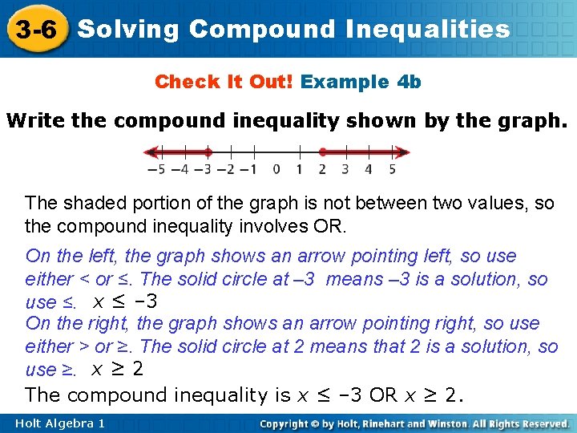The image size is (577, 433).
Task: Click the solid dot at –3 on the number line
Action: pyautogui.click(x=208, y=151)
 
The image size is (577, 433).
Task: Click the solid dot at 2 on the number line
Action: pyautogui.click(x=322, y=151)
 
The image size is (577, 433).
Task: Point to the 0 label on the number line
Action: pyautogui.click(x=276, y=169)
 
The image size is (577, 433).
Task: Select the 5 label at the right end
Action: pyautogui.click(x=392, y=169)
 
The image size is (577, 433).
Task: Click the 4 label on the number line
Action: pyautogui.click(x=369, y=169)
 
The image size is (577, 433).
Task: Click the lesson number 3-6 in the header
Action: pyautogui.click(x=35, y=30)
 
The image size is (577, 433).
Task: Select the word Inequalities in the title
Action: pyautogui.click(x=429, y=30)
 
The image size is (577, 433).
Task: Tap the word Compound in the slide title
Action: pyautogui.click(x=262, y=30)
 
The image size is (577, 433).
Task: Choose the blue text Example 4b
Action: pyautogui.click(x=361, y=82)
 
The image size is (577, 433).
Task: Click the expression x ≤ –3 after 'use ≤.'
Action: pyautogui.click(x=125, y=301)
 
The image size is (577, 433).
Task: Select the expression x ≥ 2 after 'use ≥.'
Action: pyautogui.click(x=117, y=369)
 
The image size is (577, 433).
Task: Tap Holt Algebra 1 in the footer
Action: pyautogui.click(x=60, y=423)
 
